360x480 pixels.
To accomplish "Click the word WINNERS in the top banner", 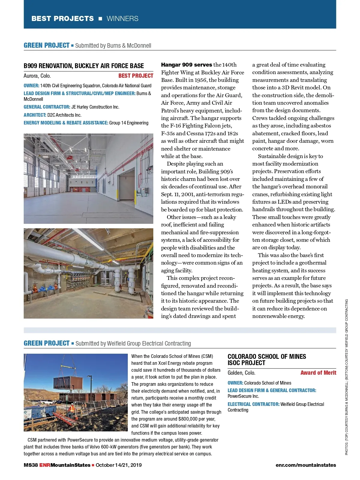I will click(122, 19).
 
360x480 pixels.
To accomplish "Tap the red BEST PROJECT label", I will click(136, 76).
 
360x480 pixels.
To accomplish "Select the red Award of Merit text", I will click(318, 373).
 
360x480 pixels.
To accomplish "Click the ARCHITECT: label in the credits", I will click(35, 115).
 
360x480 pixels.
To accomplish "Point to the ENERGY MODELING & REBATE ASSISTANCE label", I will click(66, 123).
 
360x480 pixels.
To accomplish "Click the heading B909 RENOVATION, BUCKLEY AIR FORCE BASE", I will click(84, 66).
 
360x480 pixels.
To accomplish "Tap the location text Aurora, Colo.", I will click(37, 76).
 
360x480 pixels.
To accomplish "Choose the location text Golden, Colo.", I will click(241, 373).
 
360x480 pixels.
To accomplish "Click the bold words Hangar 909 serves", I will click(186, 65).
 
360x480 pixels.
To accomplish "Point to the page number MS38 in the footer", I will click(31, 465).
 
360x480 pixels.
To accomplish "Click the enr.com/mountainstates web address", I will click(305, 465).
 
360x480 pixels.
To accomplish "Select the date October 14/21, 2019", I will click(118, 465).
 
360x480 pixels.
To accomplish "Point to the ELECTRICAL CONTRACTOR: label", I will click(253, 404).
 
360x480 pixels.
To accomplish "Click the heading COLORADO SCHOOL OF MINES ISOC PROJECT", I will click(266, 360).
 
